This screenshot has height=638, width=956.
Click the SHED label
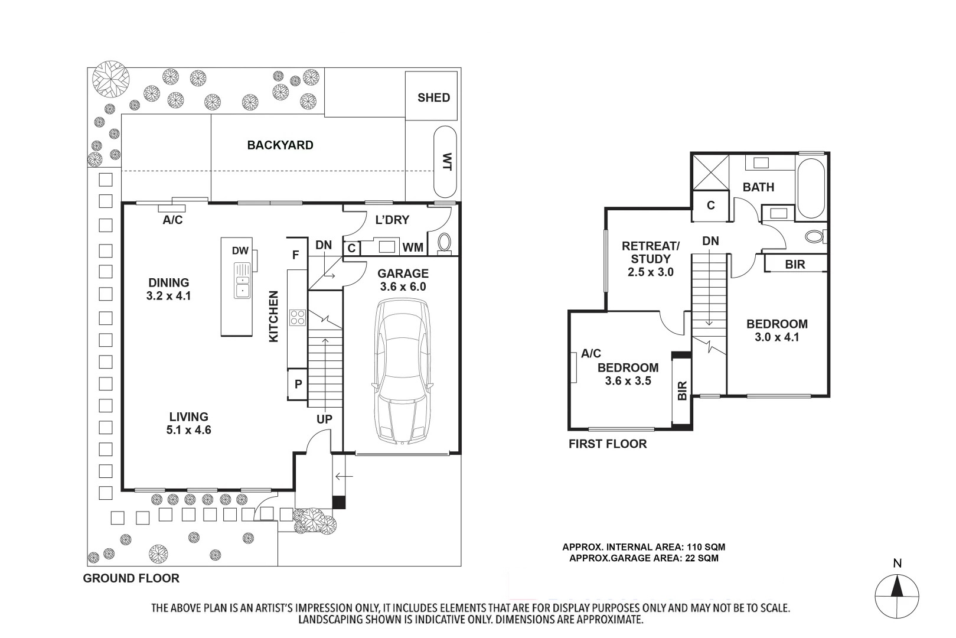tap(433, 98)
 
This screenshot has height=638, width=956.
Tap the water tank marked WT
tap(445, 161)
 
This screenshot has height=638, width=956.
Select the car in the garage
tap(402, 372)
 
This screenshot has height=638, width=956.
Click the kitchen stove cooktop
tap(298, 318)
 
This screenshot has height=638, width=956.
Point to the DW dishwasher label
tap(240, 250)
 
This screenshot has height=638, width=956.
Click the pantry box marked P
tap(298, 384)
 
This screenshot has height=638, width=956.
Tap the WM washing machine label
tap(413, 248)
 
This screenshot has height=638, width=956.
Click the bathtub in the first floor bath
tap(811, 188)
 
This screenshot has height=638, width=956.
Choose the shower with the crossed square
tap(710, 172)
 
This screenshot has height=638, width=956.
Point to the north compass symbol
tap(897, 596)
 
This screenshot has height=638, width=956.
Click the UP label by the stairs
tap(324, 419)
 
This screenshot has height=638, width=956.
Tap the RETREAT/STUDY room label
tap(650, 252)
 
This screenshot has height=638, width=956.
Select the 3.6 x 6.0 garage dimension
tap(403, 287)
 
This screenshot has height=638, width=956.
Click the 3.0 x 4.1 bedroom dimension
tap(776, 337)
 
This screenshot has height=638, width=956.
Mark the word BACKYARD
tap(280, 145)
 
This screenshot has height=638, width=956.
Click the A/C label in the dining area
tap(172, 220)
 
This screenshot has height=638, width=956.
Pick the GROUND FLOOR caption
tap(131, 578)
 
